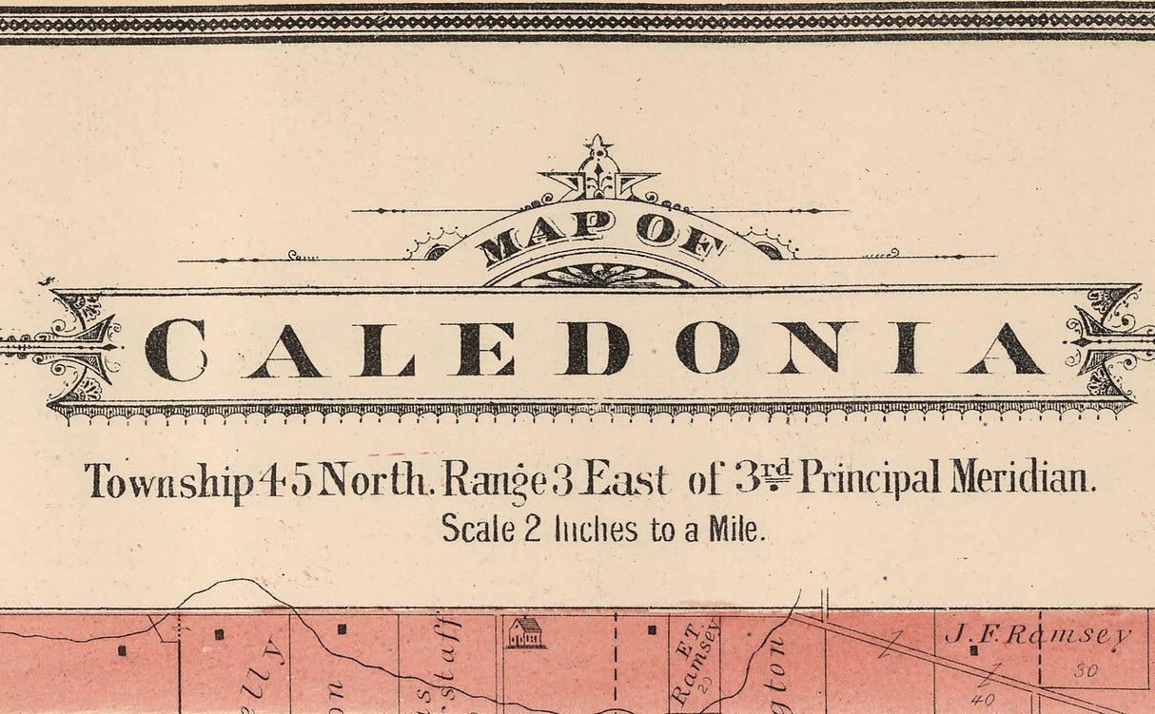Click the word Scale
[477, 529]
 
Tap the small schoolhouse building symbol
[525, 632]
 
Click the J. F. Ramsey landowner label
[1036, 635]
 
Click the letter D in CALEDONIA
[597, 348]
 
